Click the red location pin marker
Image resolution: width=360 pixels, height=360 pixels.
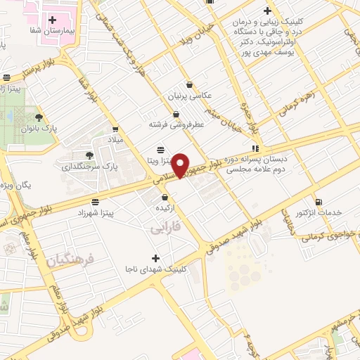[181, 165]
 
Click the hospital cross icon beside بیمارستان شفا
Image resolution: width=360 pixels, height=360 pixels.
[53, 19]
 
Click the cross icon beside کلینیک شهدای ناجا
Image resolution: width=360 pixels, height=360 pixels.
[155, 257]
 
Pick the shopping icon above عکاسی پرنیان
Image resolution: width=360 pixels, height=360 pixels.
[190, 84]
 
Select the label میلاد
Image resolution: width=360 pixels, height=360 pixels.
[115, 141]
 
